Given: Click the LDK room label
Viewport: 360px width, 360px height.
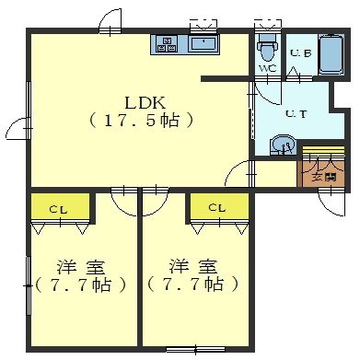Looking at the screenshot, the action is [x=145, y=102].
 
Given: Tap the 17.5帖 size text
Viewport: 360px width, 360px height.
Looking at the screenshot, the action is [x=142, y=121].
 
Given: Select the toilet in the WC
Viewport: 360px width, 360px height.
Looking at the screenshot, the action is [x=267, y=48].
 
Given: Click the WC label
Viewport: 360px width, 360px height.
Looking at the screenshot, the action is [x=268, y=68].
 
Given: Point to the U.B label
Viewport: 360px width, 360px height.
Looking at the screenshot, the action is [x=300, y=53].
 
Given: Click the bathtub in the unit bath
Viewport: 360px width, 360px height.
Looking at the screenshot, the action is [x=331, y=54].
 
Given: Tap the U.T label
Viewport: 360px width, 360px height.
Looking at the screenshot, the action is [x=296, y=114].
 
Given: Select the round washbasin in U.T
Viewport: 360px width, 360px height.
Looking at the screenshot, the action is [x=283, y=145].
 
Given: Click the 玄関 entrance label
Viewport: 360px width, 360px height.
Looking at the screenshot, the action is [x=323, y=177].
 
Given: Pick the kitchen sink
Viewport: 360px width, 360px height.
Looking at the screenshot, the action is [x=203, y=44].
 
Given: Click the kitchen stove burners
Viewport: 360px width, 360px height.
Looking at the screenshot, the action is [x=168, y=44].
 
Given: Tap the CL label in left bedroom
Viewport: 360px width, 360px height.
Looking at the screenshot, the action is [x=59, y=210].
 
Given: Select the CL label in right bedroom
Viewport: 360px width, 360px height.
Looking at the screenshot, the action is [x=217, y=208].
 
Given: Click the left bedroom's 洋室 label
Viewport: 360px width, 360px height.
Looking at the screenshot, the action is [x=81, y=267].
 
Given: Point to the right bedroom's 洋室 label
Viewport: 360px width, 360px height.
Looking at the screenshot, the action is [x=193, y=266].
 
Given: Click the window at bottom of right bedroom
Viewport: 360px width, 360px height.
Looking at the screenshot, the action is [x=196, y=349].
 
